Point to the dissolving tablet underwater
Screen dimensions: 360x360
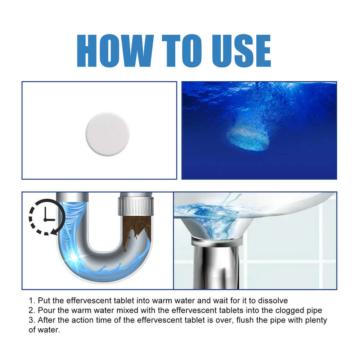click(248, 135)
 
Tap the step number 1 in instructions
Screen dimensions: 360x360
click(31, 301)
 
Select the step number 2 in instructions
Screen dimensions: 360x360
click(31, 310)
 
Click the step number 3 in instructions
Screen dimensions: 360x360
click(31, 320)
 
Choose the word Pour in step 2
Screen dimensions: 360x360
click(45, 310)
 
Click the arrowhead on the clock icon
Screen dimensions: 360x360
click(54, 231)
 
